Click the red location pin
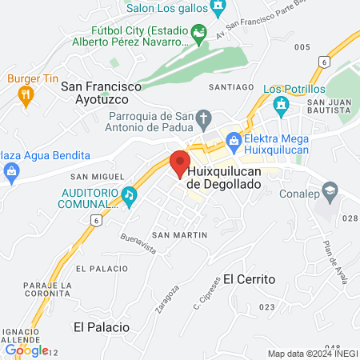coord(178,162)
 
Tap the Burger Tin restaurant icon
coord(25,95)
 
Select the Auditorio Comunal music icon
coord(128,194)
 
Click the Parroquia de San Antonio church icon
coord(204,118)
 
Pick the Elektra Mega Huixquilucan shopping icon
coord(234,142)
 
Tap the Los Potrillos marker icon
coord(280,104)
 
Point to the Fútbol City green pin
coord(200,35)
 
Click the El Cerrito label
coord(250,279)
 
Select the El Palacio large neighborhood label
coord(101,327)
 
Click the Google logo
coord(26,350)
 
